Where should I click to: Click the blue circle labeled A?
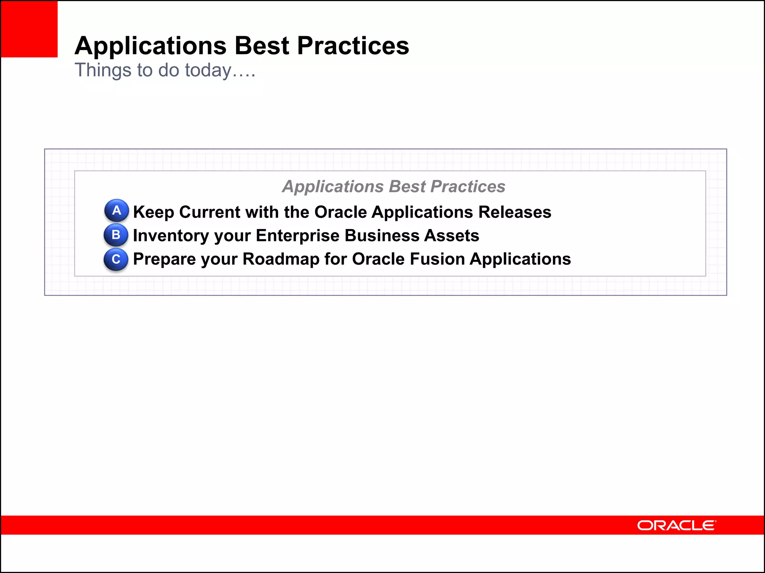click(117, 210)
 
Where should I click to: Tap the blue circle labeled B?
click(116, 235)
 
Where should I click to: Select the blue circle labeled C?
click(116, 259)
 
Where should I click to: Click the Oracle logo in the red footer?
click(676, 525)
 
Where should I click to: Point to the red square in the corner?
click(29, 29)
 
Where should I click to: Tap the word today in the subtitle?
click(208, 70)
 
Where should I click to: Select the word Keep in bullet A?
click(154, 212)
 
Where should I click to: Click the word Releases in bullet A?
click(514, 212)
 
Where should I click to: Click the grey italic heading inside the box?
click(393, 187)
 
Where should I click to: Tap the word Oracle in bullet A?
click(341, 212)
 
